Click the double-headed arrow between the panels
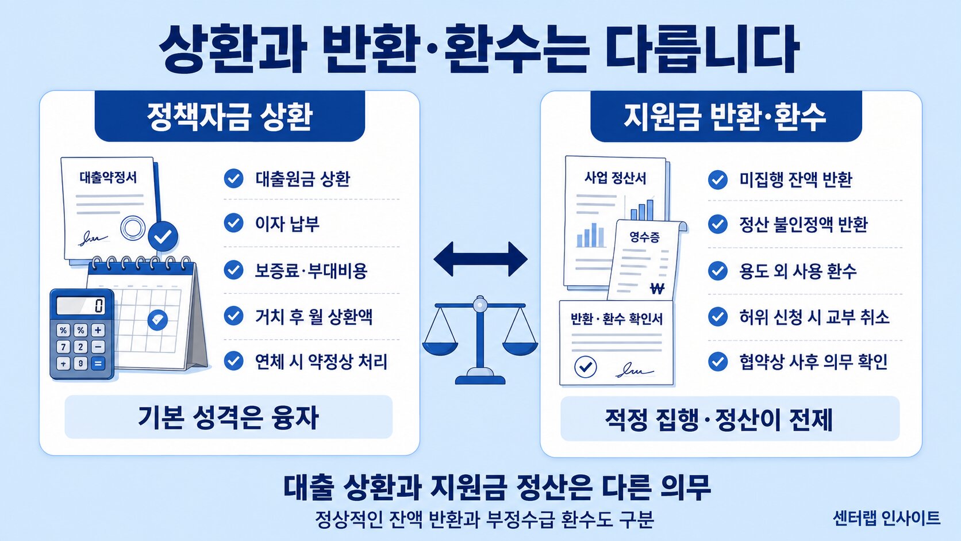point(480,259)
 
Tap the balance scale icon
point(480,339)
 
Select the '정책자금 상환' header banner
point(229,116)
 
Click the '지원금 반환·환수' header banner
point(726,116)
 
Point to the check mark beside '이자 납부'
point(234,223)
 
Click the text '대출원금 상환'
point(303,179)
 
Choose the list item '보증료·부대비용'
point(311,271)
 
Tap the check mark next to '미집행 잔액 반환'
point(718,180)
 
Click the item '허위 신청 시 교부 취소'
point(814,317)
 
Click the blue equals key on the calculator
point(98,363)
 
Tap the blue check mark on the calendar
point(157,320)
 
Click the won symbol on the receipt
point(658,288)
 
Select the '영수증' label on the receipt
point(644,237)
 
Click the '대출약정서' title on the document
point(108,177)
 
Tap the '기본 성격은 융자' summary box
point(229,417)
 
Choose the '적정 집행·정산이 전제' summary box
point(730,419)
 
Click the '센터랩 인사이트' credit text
point(886,518)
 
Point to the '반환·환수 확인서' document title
point(617,319)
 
